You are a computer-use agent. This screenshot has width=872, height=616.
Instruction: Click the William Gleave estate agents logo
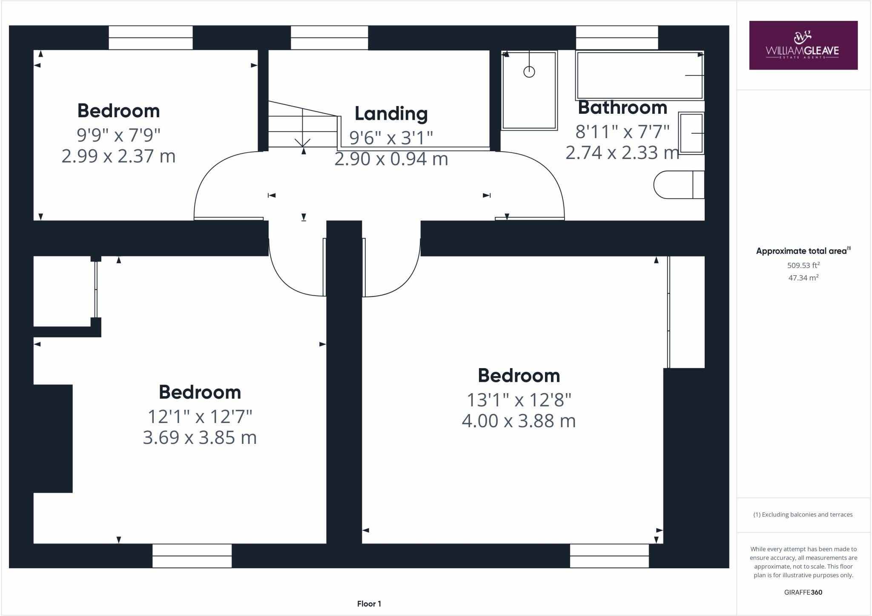tap(803, 45)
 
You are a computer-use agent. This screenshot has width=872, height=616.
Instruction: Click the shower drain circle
tap(529, 72)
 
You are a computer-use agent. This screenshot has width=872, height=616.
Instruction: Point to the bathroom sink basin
tap(691, 133)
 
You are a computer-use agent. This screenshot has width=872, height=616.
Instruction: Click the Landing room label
tap(391, 114)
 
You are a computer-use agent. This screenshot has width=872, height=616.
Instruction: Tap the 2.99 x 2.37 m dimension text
tap(118, 156)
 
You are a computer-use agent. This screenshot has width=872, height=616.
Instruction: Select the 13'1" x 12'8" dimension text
tap(519, 400)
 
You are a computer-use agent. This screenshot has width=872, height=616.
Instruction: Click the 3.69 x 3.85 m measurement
tap(200, 438)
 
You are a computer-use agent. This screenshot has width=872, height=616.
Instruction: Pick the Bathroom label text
tap(622, 107)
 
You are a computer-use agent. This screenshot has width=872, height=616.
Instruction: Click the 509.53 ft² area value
tap(803, 265)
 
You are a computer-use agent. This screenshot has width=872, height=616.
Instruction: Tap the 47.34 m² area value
tap(803, 278)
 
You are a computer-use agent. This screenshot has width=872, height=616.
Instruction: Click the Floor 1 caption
tap(369, 604)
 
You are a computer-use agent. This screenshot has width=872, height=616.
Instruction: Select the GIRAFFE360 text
tap(803, 592)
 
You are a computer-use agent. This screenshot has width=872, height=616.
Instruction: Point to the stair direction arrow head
tap(303, 143)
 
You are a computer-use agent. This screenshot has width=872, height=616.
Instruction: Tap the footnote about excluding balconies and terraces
tap(803, 515)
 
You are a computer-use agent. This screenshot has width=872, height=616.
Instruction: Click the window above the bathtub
tap(617, 37)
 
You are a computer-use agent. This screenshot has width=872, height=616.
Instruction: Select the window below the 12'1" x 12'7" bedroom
tap(192, 556)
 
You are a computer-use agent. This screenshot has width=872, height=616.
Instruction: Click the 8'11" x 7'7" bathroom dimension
tap(622, 132)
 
